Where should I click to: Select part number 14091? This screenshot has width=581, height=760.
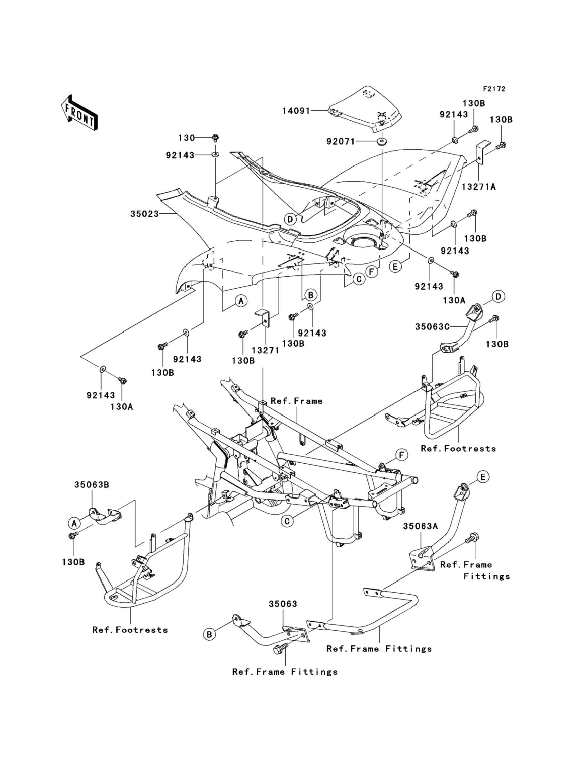tap(296, 111)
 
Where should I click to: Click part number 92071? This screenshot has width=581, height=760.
tap(341, 141)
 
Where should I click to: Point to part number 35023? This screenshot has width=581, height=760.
tap(145, 214)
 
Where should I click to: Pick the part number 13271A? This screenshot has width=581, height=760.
tap(478, 187)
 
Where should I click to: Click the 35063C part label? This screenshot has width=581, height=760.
tap(432, 327)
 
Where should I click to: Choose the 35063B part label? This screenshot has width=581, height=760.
tap(92, 485)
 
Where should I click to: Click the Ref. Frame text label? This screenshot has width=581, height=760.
tap(296, 401)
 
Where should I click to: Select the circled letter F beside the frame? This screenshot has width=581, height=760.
tap(402, 455)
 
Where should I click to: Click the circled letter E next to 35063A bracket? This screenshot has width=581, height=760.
tap(483, 477)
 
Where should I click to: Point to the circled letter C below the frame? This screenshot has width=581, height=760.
tap(287, 521)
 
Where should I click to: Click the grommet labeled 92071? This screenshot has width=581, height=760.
tap(382, 142)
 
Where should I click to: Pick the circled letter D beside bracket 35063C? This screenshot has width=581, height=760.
tap(498, 296)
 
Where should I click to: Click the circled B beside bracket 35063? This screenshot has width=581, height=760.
tap(209, 634)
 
